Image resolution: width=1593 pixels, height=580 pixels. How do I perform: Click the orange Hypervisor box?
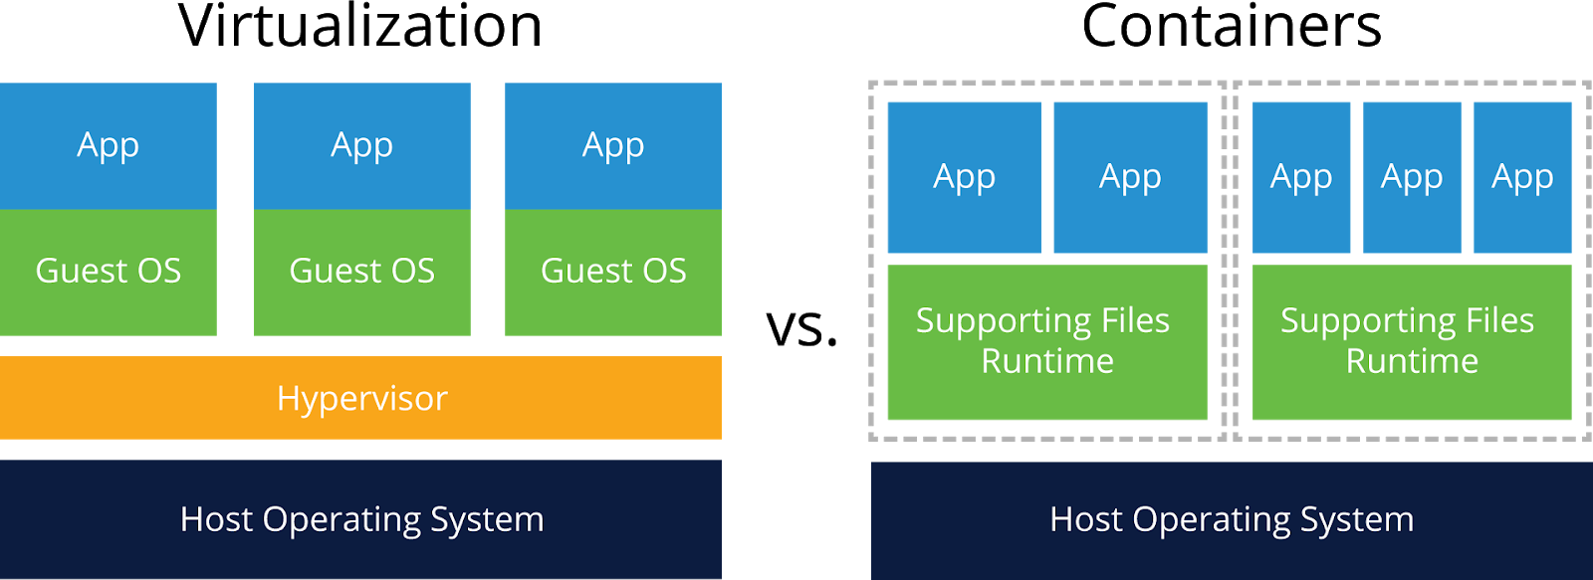coord(360,398)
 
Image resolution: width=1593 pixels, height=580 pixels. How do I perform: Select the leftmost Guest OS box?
coord(108,272)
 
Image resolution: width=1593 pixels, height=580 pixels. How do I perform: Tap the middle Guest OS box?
coord(362,272)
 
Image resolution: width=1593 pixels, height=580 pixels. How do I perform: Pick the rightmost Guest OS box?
coord(613,272)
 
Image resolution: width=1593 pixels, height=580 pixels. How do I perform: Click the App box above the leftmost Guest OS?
coord(108,145)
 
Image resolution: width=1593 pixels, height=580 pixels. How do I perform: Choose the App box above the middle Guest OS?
coord(362,145)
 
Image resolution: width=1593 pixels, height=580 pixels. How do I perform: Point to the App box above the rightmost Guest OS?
coord(613,145)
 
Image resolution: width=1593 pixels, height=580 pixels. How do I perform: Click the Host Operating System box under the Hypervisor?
coord(360,519)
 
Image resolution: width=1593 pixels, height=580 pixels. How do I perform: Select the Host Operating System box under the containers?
coord(1232,519)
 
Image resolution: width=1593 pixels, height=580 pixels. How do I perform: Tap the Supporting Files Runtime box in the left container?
coord(1046,341)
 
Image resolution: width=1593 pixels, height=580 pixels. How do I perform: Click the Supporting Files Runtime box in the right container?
coord(1412,341)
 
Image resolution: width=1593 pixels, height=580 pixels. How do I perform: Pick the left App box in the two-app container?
coord(964,177)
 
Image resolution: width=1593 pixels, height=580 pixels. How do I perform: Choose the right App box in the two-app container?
coord(1130,177)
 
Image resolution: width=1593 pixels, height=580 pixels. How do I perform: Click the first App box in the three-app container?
coord(1301,177)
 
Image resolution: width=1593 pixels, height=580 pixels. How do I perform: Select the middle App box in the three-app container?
coord(1412,177)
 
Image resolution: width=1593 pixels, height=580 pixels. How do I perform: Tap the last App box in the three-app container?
coord(1522,177)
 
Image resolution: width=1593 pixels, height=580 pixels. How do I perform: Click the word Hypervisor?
coord(362,399)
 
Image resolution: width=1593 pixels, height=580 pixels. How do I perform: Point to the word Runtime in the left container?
coord(1047,361)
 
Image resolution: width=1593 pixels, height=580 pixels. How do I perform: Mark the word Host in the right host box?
coord(1085,519)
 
